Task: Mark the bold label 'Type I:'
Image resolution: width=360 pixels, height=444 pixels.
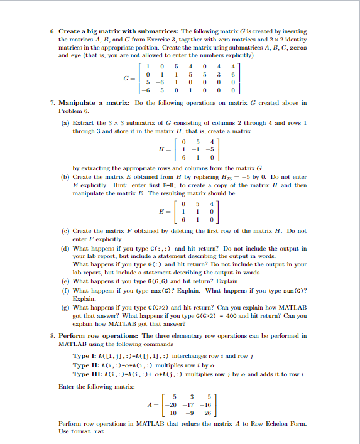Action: [85, 355]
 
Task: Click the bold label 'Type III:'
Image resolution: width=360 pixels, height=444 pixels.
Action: [87, 374]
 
